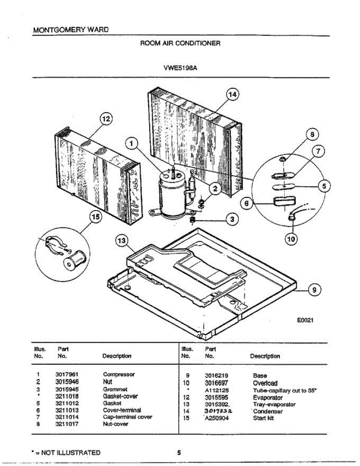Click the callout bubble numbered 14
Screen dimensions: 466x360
point(232,95)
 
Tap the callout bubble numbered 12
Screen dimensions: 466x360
point(105,119)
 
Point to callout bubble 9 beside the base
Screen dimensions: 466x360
point(315,289)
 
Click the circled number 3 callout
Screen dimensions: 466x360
point(232,220)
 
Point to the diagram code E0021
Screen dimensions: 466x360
point(304,320)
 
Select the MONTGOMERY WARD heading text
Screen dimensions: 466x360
point(71,30)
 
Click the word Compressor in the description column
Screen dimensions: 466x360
point(118,374)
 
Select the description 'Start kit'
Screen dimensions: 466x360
point(263,418)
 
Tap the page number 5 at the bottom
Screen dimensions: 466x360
point(179,452)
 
